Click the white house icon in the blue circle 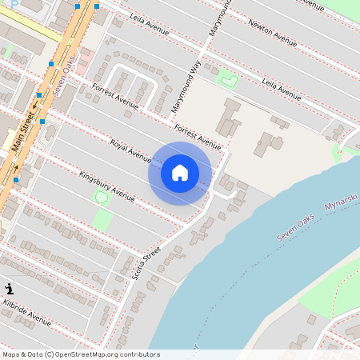180,173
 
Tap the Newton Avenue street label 273,29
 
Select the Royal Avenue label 130,150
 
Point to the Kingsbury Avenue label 106,185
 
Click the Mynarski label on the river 341,207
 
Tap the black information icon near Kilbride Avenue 10,289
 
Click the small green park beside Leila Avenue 228,78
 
